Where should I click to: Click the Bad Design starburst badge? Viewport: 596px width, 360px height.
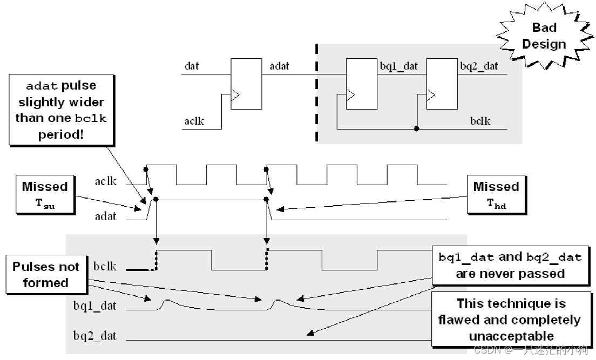pyautogui.click(x=544, y=36)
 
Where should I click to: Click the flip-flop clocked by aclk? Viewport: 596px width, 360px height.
pyautogui.click(x=246, y=83)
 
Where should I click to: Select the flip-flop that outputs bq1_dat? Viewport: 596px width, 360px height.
pyautogui.click(x=361, y=83)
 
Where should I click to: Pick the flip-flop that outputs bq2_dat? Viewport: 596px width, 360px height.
pyautogui.click(x=442, y=83)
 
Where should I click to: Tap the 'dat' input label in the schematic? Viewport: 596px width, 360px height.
pyautogui.click(x=192, y=66)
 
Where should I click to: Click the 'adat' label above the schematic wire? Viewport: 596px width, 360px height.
pyautogui.click(x=279, y=66)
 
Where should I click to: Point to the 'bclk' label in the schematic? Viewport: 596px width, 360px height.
pyautogui.click(x=480, y=120)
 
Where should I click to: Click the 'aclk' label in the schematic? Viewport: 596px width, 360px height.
pyautogui.click(x=194, y=120)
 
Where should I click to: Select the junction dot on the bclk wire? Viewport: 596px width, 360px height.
pyautogui.click(x=416, y=129)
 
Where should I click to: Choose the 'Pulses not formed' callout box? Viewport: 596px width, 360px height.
pyautogui.click(x=46, y=274)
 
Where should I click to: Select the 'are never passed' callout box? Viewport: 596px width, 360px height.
pyautogui.click(x=510, y=265)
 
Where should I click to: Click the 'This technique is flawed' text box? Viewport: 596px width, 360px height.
pyautogui.click(x=510, y=320)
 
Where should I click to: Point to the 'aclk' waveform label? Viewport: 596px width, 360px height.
pyautogui.click(x=105, y=181)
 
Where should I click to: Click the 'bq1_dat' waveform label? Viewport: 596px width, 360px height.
pyautogui.click(x=95, y=306)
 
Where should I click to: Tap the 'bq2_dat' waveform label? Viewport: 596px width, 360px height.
pyautogui.click(x=95, y=336)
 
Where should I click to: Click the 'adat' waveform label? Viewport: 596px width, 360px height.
pyautogui.click(x=105, y=216)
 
